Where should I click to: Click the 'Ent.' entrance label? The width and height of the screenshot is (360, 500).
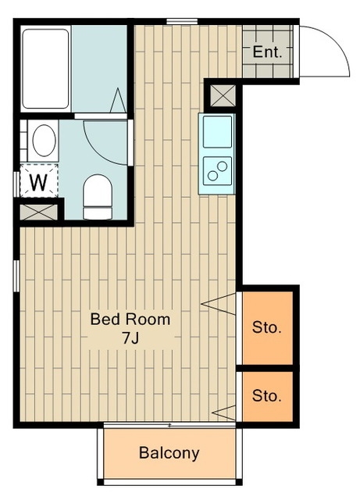[x=267, y=52]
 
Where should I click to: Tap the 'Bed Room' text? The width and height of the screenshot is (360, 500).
[x=130, y=320]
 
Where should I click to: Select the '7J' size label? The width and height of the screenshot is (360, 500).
[x=130, y=338]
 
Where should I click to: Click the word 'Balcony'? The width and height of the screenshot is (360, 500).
[x=169, y=453]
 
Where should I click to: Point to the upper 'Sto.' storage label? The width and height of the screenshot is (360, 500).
[x=267, y=327]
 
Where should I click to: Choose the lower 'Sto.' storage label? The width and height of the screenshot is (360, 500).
[x=267, y=396]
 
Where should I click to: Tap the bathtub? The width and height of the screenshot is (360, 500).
[x=45, y=69]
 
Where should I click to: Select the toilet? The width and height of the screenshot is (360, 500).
[x=98, y=197]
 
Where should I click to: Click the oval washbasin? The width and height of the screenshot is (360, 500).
[x=44, y=141]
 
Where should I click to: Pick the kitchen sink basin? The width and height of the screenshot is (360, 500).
[x=217, y=131]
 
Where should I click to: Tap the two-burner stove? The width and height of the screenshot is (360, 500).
[x=217, y=170]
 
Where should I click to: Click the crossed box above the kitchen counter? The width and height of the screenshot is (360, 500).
[x=223, y=95]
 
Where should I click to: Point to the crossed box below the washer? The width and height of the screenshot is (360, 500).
[x=38, y=212]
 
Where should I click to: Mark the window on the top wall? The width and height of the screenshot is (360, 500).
[x=182, y=21]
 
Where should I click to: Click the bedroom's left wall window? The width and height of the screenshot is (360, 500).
[x=16, y=276]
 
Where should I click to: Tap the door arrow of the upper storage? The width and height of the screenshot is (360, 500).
[x=219, y=304]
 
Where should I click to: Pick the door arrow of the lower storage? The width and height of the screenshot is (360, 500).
[x=224, y=412]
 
